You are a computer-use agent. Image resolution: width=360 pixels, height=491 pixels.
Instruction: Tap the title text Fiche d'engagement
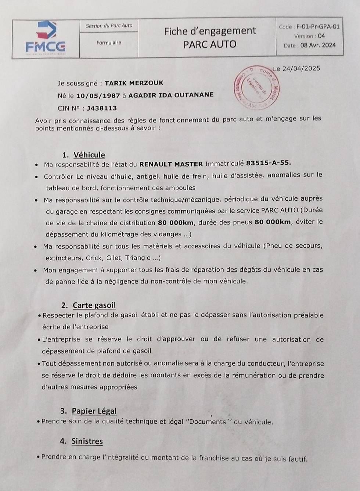pyautogui.click(x=210, y=31)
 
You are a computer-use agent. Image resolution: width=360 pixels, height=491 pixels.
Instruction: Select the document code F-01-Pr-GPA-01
pyautogui.click(x=318, y=26)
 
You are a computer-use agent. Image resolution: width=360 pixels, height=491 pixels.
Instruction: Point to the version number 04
pyautogui.click(x=321, y=36)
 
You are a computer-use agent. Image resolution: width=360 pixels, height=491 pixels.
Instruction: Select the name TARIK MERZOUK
pyautogui.click(x=134, y=83)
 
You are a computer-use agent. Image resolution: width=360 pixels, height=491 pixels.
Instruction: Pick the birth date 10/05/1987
pyautogui.click(x=98, y=95)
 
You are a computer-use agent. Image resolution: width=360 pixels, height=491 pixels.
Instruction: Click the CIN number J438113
pyautogui.click(x=102, y=108)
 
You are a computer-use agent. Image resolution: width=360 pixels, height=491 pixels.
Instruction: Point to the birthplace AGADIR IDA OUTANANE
pyautogui.click(x=171, y=95)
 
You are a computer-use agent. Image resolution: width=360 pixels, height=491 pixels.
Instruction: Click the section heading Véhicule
pyautogui.click(x=89, y=155)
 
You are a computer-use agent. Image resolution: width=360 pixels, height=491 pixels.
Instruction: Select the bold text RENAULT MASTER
pyautogui.click(x=171, y=164)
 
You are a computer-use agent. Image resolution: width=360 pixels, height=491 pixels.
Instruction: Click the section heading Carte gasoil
pyautogui.click(x=94, y=305)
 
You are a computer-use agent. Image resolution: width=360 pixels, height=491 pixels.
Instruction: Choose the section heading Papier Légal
pyautogui.click(x=94, y=411)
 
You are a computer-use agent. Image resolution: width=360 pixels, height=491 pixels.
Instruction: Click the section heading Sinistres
pyautogui.click(x=87, y=441)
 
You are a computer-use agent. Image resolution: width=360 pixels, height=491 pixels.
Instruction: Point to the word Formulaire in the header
pyautogui.click(x=109, y=43)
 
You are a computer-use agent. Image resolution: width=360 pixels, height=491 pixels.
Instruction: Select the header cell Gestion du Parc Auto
pyautogui.click(x=109, y=26)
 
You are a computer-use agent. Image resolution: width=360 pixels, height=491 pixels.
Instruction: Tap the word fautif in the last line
pyautogui.click(x=296, y=459)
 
